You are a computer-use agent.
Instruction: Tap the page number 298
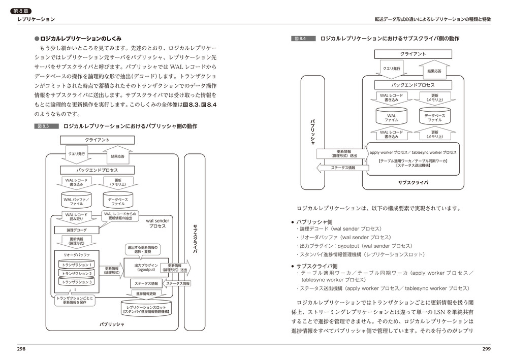[21, 349]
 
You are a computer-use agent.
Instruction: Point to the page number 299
[486, 349]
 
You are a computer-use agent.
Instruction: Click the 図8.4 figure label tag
[303, 39]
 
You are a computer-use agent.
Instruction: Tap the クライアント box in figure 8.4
[412, 54]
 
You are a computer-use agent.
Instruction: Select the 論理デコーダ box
[77, 230]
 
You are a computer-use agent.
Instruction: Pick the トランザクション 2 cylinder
[77, 274]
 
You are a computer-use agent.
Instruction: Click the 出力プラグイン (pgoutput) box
[146, 268]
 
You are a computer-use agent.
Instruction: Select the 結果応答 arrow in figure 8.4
[433, 70]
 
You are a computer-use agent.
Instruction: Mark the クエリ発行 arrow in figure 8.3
[76, 153]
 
